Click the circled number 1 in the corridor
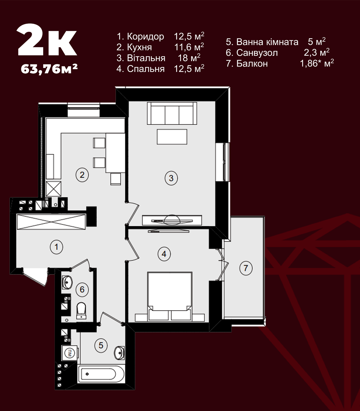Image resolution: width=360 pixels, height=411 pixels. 57,247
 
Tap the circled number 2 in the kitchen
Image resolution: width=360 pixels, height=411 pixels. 82,175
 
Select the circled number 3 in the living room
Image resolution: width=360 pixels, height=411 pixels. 171,178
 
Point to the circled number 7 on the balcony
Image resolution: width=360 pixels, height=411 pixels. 246,268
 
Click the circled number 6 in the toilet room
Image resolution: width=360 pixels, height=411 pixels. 82,289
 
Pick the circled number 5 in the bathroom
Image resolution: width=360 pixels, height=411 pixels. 101,345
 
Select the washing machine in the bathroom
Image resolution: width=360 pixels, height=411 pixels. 70,353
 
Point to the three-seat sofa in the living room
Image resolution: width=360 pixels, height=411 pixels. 172,113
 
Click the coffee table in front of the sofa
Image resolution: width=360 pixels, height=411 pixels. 172,137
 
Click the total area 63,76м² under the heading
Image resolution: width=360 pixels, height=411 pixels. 49,69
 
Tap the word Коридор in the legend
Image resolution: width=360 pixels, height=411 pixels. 145,37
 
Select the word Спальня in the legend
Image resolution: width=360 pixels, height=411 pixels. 146,69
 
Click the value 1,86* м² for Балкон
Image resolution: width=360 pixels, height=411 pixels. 317,63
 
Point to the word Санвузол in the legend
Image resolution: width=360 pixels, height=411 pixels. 257,53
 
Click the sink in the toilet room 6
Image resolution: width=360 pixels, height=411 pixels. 67,282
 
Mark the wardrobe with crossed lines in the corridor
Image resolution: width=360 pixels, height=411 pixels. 51,221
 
